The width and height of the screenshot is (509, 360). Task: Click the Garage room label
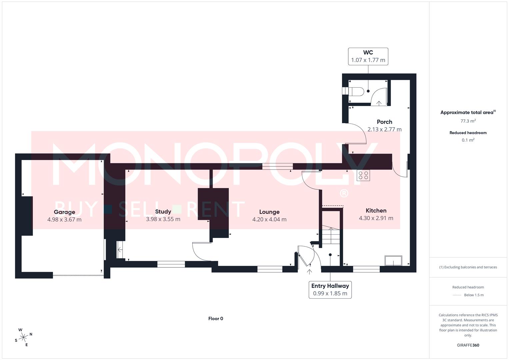tap(64, 212)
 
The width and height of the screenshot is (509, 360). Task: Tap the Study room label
tap(163, 212)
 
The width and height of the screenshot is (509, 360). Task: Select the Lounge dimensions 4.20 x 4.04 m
tap(269, 219)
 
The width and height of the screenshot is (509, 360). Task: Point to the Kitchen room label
tap(376, 211)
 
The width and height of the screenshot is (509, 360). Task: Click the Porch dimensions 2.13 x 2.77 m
tap(384, 129)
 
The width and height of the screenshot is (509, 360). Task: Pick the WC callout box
tap(368, 56)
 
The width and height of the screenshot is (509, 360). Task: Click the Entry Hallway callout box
tap(330, 290)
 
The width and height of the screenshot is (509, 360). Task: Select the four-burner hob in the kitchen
tap(363, 175)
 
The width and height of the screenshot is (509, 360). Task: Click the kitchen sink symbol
tap(393, 260)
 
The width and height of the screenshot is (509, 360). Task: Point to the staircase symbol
tap(330, 235)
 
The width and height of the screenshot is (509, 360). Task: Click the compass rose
tap(23, 337)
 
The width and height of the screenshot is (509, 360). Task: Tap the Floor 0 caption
tap(216, 319)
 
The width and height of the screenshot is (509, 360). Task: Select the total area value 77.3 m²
tap(468, 121)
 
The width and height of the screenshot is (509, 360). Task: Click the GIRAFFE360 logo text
tap(468, 345)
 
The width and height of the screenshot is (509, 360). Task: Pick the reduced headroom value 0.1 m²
tap(468, 140)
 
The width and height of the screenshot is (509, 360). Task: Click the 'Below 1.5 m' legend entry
tap(474, 295)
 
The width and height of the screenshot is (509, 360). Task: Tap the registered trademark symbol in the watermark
tap(343, 193)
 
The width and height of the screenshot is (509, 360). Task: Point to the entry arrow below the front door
tap(309, 271)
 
